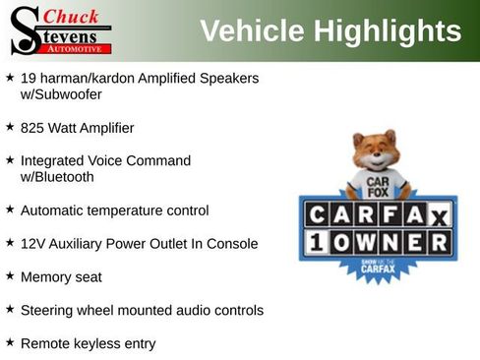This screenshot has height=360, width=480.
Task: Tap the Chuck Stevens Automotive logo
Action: [x=60, y=30]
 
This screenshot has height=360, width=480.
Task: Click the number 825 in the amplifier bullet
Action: [x=31, y=128]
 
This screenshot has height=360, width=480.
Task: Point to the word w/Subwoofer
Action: [x=61, y=94]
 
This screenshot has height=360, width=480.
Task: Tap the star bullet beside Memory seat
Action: [x=10, y=276]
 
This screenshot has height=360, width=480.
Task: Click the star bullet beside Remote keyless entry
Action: [x=10, y=342]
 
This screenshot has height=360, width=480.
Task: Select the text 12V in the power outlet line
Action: [x=32, y=244]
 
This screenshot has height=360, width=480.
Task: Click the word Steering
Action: [x=47, y=311]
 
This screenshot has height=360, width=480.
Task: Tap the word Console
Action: [x=232, y=244]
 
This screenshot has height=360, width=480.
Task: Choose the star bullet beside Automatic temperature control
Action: [x=10, y=210]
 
